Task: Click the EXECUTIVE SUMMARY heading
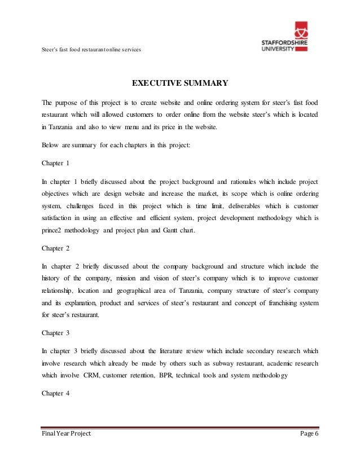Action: tap(179, 84)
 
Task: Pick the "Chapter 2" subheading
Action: tap(55, 247)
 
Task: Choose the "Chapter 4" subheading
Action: tap(55, 394)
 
